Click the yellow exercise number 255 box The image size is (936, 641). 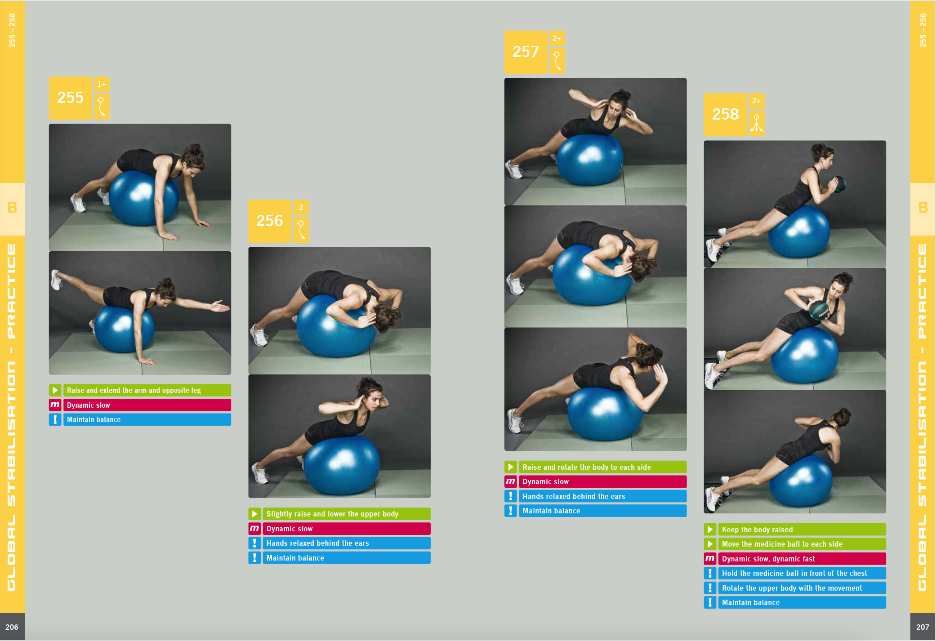pos(70,98)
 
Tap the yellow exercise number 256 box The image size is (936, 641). pos(270,221)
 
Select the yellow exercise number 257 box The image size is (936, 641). pos(526,52)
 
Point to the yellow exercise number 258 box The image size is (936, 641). pos(725,114)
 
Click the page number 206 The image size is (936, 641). pos(12,627)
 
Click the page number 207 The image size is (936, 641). pos(923,627)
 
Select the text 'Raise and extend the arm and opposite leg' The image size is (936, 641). pos(134,390)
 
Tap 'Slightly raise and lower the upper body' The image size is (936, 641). pos(332,514)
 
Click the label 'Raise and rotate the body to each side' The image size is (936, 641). pos(587,467)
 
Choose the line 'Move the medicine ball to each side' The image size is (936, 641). pos(782,544)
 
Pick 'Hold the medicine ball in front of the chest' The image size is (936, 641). pos(794,573)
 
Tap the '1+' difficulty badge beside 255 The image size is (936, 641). pos(102,84)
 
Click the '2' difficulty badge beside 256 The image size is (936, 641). pos(301,207)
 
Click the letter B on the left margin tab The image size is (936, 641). pos(12,208)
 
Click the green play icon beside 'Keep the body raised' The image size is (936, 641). pos(710,530)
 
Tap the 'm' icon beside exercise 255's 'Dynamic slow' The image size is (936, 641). pos(55,405)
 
